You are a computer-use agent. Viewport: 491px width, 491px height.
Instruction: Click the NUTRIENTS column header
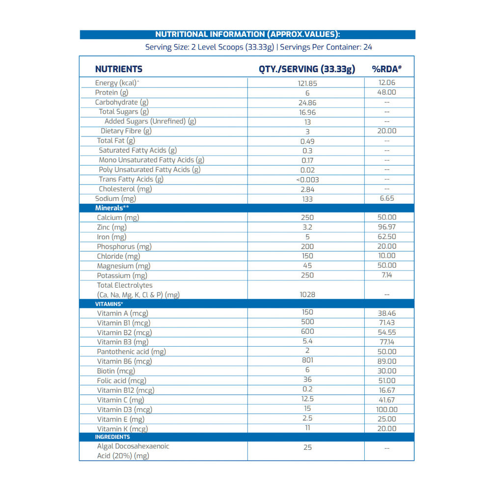coord(119,69)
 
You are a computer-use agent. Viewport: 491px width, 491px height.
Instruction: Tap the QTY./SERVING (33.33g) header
coord(307,69)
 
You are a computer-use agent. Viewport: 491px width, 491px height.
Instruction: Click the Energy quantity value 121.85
coord(307,83)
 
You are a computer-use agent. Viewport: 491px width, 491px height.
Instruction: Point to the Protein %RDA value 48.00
coord(386,92)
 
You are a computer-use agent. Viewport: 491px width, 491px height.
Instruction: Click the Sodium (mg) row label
coord(115,198)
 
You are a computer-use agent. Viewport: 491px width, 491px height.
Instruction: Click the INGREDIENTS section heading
coord(112,437)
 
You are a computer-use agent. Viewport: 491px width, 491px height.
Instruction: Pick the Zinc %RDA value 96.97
coord(386,227)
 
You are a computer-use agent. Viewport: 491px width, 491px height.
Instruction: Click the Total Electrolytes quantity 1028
coord(307,295)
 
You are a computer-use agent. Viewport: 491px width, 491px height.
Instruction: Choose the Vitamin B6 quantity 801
coord(307,361)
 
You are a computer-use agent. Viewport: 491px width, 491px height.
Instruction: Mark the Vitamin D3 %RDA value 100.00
coord(386,409)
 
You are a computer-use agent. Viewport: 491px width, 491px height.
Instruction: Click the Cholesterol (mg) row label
coord(125,189)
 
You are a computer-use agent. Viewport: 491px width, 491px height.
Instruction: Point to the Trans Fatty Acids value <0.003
coord(307,180)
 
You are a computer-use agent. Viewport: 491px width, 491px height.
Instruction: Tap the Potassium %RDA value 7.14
coord(386,275)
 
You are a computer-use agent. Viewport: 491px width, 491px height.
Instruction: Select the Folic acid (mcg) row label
coord(121,381)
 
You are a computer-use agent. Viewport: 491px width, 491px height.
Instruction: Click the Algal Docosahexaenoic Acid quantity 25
coord(307,447)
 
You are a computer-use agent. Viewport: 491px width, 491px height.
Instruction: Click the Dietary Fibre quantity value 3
coord(307,132)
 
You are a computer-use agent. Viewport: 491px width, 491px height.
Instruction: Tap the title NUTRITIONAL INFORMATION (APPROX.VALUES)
coord(247,34)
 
